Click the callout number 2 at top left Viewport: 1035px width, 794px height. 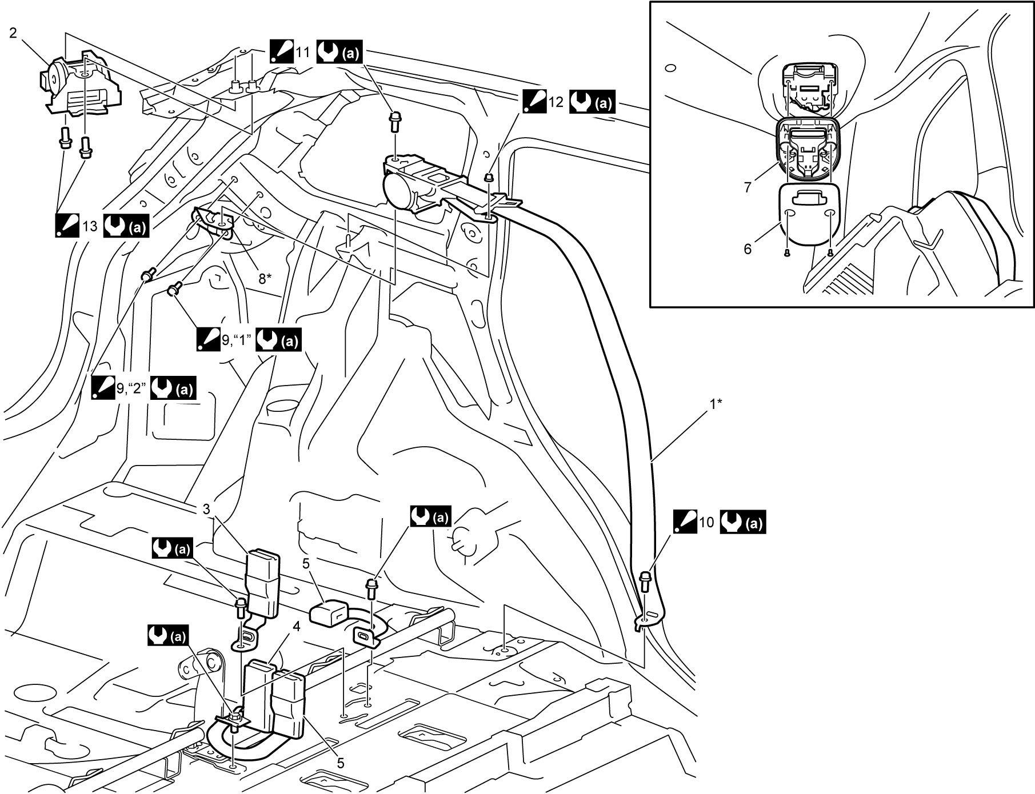(13, 33)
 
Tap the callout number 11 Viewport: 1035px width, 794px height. (302, 53)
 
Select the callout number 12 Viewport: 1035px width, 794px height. (556, 102)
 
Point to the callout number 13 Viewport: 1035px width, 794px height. (90, 226)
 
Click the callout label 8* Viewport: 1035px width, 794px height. (265, 279)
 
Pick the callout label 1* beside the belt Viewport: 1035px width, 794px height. (716, 404)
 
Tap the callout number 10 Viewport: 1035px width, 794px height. (706, 522)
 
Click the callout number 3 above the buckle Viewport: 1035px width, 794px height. (206, 509)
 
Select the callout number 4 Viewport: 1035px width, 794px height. (296, 627)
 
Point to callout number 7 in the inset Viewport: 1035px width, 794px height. (748, 187)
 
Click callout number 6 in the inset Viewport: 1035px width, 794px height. (748, 249)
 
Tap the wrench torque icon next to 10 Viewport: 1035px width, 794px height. (742, 522)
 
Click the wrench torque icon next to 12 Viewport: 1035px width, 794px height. (592, 102)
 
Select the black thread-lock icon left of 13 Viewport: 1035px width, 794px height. (67, 226)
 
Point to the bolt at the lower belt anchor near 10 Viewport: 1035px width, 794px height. (645, 582)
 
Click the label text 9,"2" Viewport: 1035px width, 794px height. (131, 388)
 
